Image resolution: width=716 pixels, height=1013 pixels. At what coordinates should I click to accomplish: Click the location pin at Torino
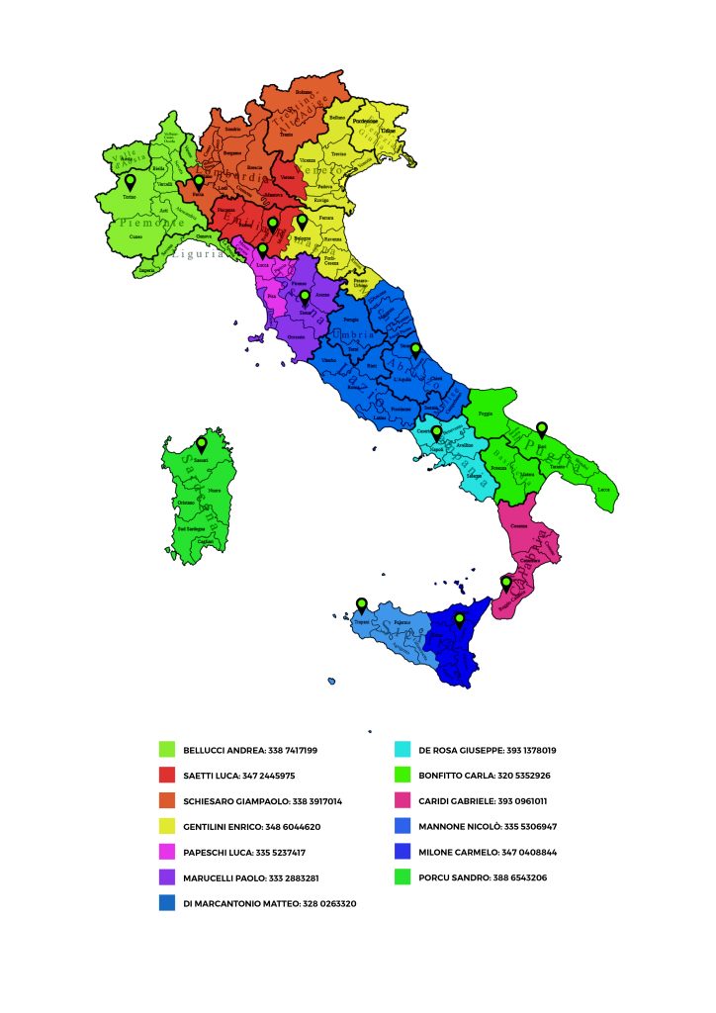point(129,183)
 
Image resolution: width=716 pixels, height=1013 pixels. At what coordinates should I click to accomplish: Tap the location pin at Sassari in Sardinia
point(202,445)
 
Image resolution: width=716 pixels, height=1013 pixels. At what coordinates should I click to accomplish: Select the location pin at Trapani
point(362,605)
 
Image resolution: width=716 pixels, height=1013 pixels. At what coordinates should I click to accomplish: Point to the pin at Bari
point(541,429)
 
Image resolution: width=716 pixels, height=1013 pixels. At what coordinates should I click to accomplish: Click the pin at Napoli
point(436,433)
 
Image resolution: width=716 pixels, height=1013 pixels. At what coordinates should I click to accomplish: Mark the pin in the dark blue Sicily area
point(459,620)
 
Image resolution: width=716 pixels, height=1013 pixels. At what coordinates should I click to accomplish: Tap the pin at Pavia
point(199,182)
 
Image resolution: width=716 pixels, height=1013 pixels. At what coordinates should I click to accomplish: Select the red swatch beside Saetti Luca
point(166,776)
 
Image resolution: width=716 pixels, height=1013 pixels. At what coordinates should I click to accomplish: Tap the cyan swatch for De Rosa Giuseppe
point(402,750)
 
